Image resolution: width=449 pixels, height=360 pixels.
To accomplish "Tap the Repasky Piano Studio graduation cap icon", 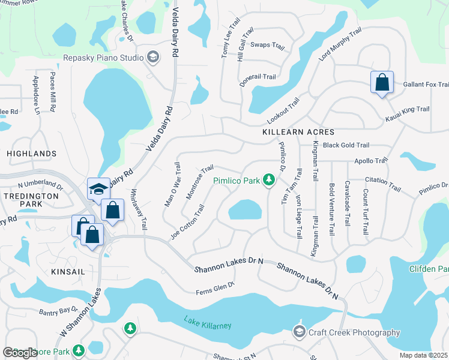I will tap(153, 58).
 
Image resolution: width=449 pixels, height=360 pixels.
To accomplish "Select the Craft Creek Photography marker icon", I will tap(299, 332).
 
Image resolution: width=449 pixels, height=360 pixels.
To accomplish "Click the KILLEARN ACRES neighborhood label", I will tap(298, 131).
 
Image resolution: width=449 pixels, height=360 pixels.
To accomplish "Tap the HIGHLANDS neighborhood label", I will tap(31, 154).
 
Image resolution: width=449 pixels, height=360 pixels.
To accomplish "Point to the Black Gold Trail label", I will tap(346, 145).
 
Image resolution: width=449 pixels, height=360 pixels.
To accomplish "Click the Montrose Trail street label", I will tap(199, 182).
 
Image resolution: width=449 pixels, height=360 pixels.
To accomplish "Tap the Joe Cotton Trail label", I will tap(187, 222).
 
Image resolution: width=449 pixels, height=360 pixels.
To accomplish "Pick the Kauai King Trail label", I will tap(408, 109).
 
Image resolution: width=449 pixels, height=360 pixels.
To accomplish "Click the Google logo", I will tap(20, 353).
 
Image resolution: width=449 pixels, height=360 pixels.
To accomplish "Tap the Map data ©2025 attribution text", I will tap(423, 355).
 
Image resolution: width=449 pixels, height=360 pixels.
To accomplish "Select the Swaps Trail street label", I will tap(267, 45).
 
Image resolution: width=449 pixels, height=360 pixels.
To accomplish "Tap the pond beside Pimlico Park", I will tap(245, 211).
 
